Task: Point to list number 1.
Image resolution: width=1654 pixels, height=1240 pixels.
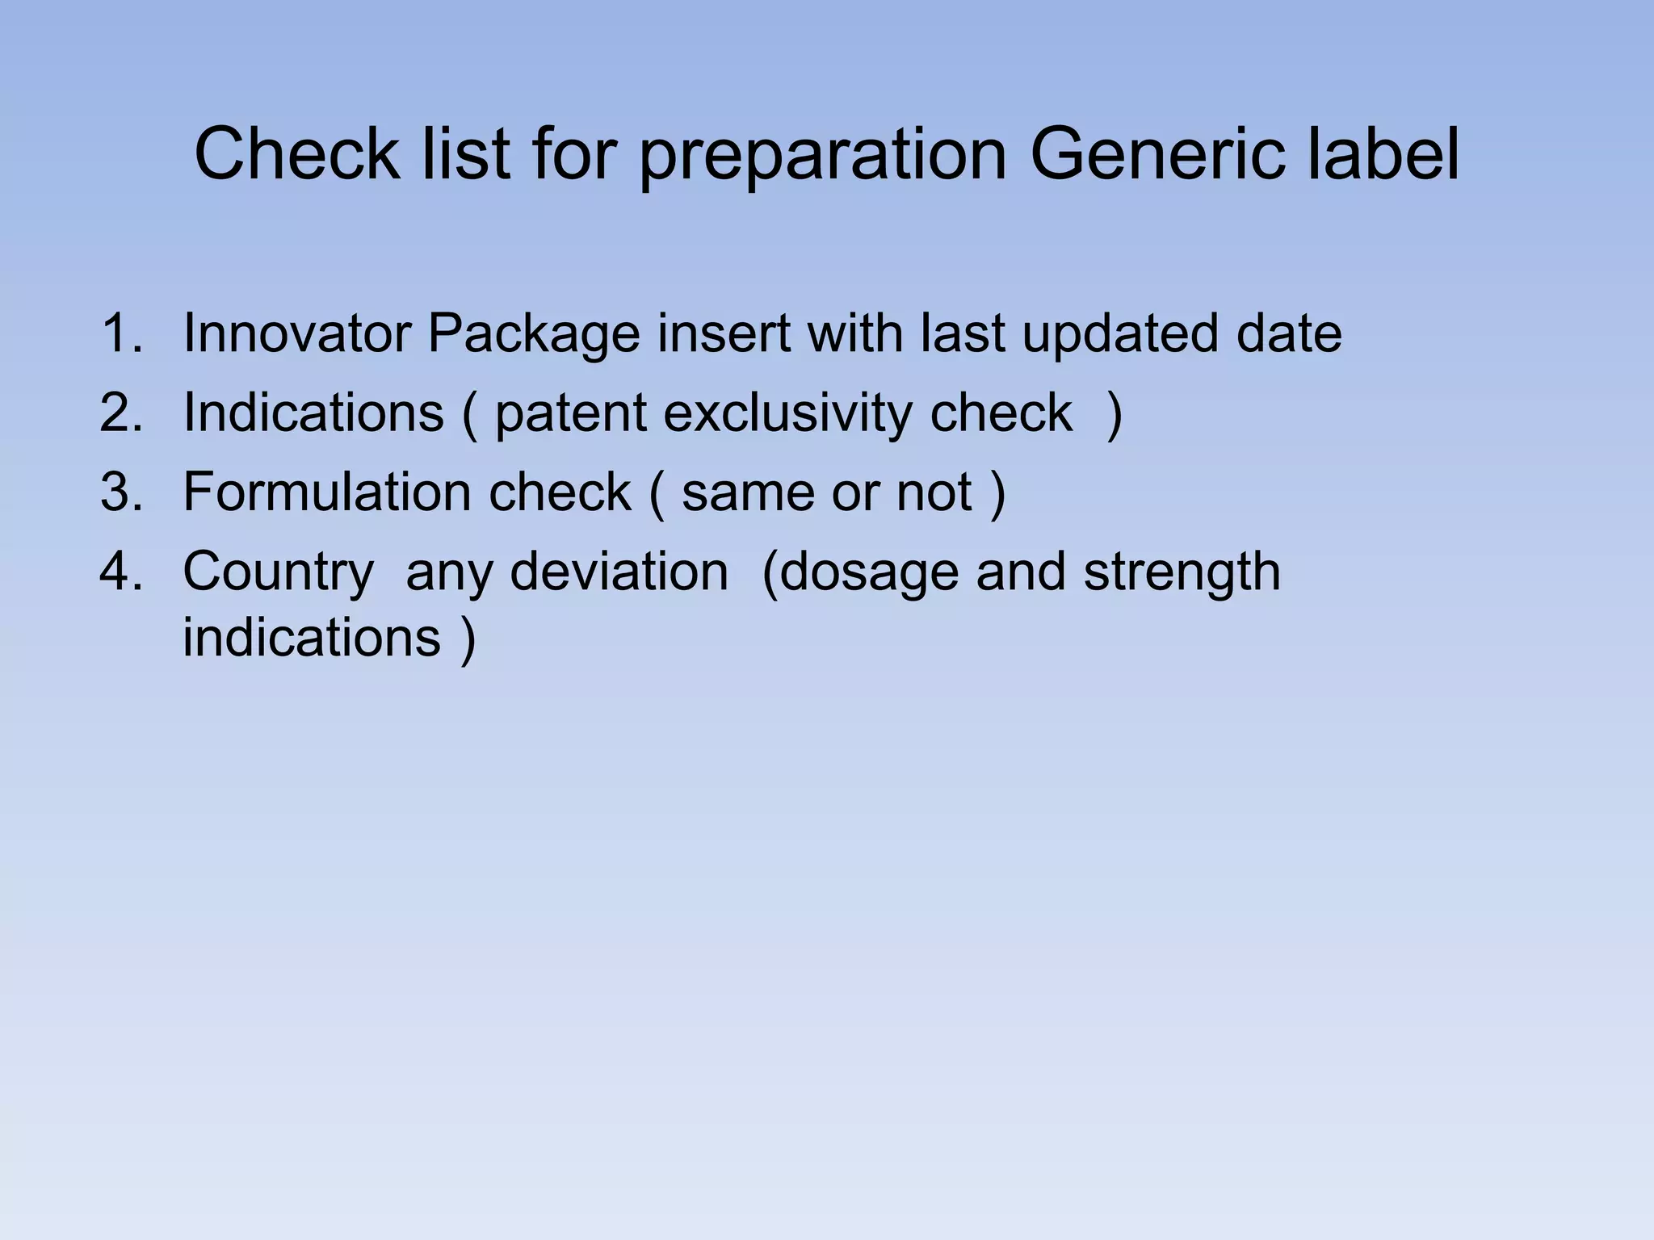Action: (x=121, y=333)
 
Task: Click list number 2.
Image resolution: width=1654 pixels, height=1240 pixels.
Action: (x=121, y=413)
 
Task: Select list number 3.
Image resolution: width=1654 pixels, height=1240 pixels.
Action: (x=121, y=492)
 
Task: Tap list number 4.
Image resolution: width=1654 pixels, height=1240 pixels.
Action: (x=121, y=571)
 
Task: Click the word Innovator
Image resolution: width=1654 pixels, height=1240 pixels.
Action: (x=296, y=333)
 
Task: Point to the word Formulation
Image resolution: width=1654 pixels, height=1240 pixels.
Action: (x=325, y=492)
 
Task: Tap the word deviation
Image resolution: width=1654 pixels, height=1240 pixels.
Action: (x=619, y=571)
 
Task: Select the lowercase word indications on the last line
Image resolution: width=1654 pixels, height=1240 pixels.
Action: (x=312, y=638)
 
